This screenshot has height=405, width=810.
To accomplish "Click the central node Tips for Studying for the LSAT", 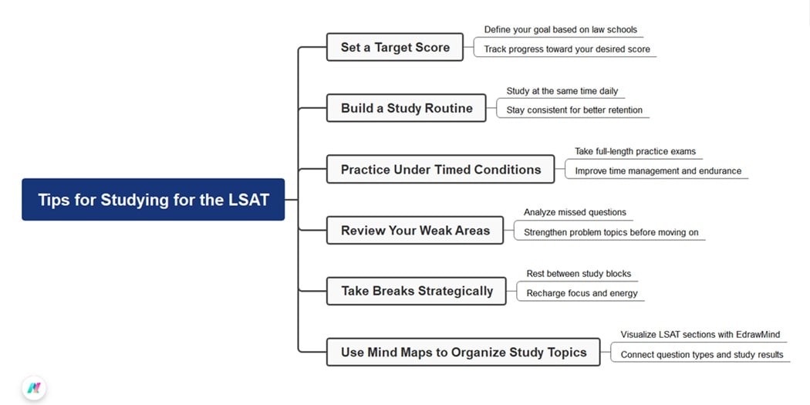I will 153,200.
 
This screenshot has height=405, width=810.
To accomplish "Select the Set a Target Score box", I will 395,47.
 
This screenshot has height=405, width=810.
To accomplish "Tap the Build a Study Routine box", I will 407,108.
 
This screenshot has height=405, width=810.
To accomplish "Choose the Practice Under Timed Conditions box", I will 440,169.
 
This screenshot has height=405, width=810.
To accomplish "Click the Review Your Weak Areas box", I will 415,230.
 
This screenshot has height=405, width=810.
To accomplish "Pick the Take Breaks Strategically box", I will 417,291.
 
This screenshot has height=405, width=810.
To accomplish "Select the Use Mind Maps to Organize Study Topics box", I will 463,353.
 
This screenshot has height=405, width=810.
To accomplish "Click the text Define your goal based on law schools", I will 560,29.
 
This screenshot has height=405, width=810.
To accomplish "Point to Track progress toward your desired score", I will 566,49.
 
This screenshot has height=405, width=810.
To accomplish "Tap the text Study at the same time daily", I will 562,90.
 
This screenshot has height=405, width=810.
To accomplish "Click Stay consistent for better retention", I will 574,110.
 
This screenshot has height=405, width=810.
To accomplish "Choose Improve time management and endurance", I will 657,170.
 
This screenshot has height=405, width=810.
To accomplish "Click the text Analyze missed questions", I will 575,212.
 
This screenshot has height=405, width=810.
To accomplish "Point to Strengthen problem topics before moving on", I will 610,231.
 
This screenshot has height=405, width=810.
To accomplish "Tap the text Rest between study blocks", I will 579,273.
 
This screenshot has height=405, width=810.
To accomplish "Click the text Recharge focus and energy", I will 582,293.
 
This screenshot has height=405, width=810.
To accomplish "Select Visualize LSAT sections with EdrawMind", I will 700,335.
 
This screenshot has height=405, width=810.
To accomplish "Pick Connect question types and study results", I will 701,354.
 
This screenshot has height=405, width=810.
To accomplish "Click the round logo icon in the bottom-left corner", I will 33,387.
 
